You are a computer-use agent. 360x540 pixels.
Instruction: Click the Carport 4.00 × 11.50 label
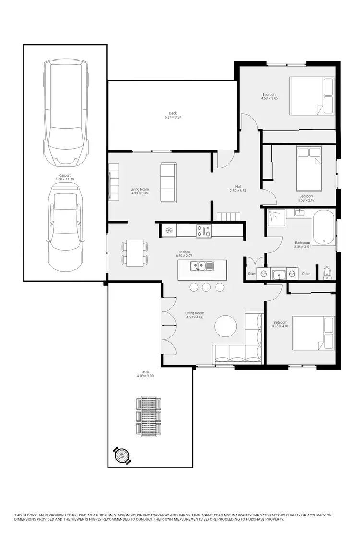click(x=65, y=178)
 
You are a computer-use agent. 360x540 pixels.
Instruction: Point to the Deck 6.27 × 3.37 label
click(x=172, y=115)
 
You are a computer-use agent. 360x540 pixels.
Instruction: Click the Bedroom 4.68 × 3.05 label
click(x=269, y=96)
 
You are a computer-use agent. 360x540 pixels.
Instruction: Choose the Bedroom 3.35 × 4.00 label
click(x=280, y=324)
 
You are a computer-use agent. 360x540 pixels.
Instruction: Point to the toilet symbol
click(x=327, y=272)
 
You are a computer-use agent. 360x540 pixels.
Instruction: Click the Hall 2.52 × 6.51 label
click(x=238, y=189)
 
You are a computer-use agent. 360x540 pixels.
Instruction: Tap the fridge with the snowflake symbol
click(x=168, y=230)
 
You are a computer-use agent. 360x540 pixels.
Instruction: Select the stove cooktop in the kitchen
click(x=204, y=230)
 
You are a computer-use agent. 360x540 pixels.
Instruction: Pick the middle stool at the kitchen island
click(x=206, y=287)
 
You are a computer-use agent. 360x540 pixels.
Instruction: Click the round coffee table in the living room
click(x=226, y=326)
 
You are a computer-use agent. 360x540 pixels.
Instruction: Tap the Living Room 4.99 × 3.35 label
click(x=139, y=191)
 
